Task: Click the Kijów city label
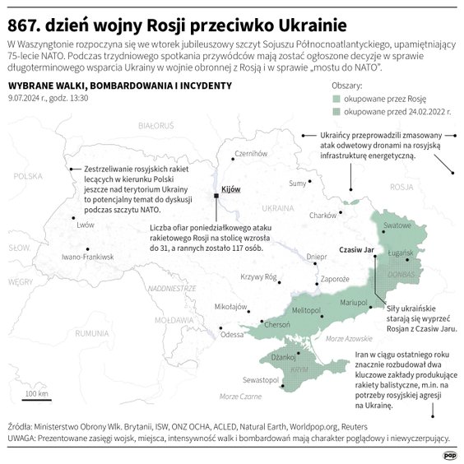231,189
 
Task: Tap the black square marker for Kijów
216,195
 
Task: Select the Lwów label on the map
85,225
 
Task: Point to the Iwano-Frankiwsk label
87,258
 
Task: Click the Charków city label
323,216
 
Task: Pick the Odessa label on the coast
233,335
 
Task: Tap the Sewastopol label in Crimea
261,380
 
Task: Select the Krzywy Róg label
258,277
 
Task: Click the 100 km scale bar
35,400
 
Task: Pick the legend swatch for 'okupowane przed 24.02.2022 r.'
336,110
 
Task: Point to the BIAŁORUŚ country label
156,125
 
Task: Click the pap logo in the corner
448,452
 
